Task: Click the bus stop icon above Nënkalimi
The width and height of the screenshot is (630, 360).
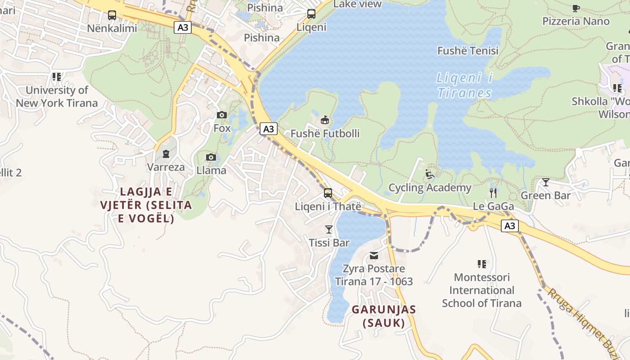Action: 112,15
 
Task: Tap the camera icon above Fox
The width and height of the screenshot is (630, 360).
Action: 221,115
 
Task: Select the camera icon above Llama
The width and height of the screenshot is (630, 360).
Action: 211,157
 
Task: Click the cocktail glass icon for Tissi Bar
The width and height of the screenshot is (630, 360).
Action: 329,229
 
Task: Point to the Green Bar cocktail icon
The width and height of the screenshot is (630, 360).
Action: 545,182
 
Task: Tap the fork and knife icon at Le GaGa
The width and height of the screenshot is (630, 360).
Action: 493,193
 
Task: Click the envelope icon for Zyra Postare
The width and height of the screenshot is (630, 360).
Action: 373,256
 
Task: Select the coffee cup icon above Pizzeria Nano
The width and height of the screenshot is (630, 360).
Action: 576,8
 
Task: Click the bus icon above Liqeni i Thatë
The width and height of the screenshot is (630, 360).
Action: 328,193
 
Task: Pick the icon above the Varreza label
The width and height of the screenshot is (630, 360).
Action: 166,154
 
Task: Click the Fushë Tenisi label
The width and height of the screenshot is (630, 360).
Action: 468,51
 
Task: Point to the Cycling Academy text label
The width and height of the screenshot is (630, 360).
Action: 430,188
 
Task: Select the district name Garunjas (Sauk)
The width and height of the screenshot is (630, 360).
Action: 384,316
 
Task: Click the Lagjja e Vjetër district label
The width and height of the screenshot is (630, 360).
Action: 146,205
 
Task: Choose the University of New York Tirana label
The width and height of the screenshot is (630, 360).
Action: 57,96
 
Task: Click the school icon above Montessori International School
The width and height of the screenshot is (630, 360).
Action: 481,264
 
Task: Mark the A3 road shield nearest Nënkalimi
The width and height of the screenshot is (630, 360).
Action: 183,27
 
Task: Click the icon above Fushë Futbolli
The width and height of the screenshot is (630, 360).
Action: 325,120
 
